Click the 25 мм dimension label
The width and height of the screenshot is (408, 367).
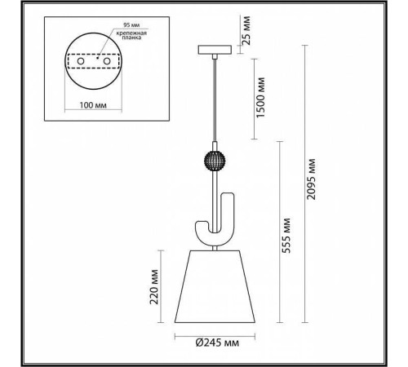tap(246, 30)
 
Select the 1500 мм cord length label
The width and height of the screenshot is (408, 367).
tap(260, 98)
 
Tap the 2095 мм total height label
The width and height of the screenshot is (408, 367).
tap(311, 179)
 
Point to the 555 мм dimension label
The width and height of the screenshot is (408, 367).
tap(286, 236)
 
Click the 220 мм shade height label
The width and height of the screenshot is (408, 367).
tap(154, 287)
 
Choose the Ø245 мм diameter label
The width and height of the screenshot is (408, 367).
tap(217, 343)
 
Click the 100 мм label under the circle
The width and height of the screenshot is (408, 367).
tap(93, 105)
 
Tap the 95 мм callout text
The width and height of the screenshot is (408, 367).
tap(131, 24)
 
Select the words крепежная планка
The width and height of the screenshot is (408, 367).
tap(131, 35)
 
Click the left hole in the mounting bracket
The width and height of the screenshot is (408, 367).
tap(81, 61)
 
